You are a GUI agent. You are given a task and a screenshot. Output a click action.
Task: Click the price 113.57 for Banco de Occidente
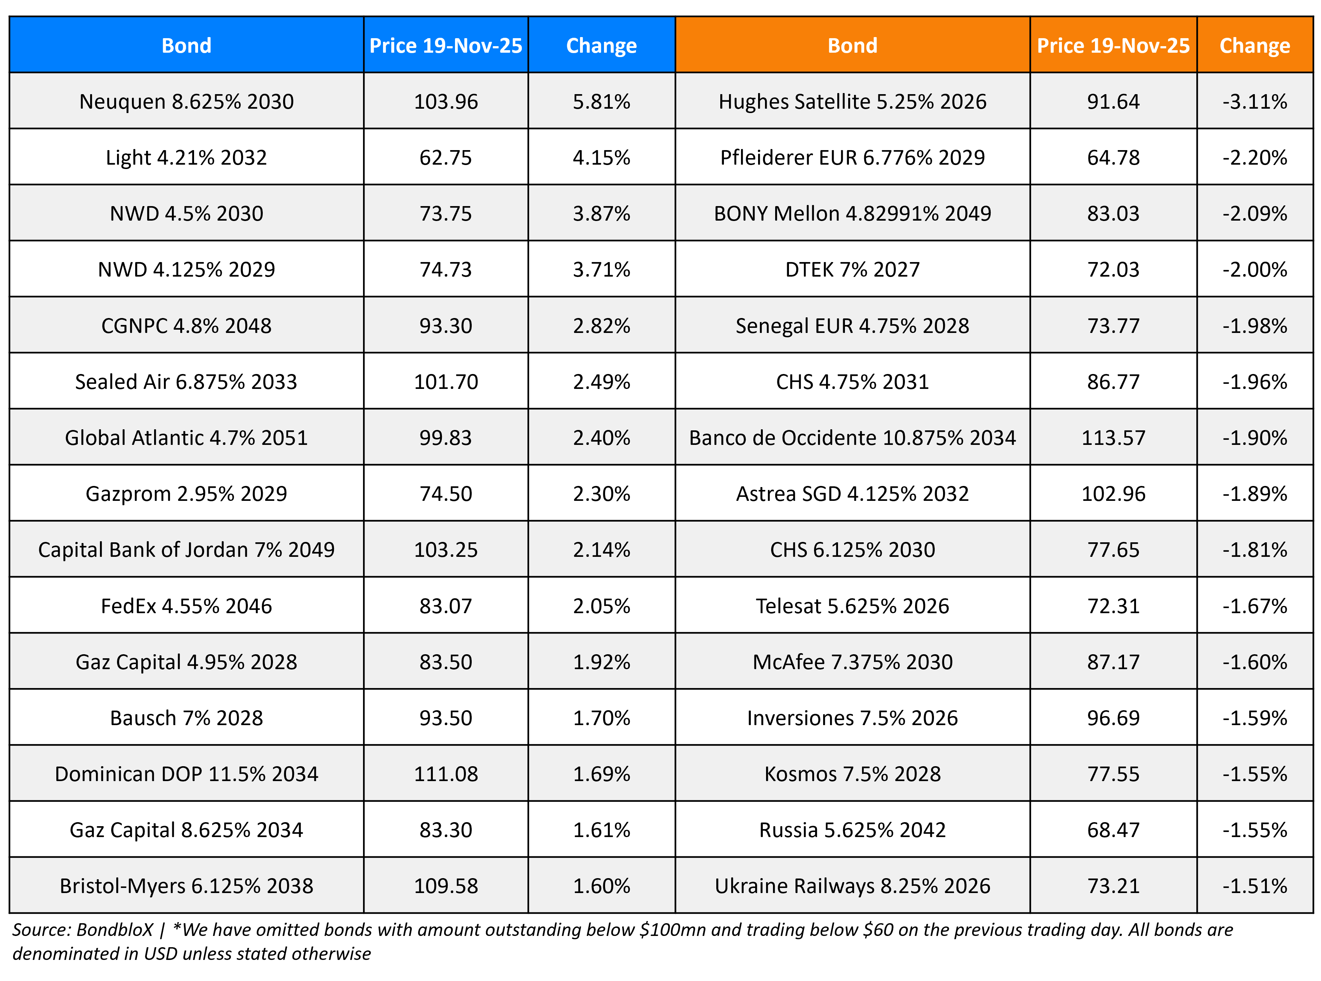1113,438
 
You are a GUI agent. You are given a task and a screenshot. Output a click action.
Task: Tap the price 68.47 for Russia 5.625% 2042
1113,829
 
